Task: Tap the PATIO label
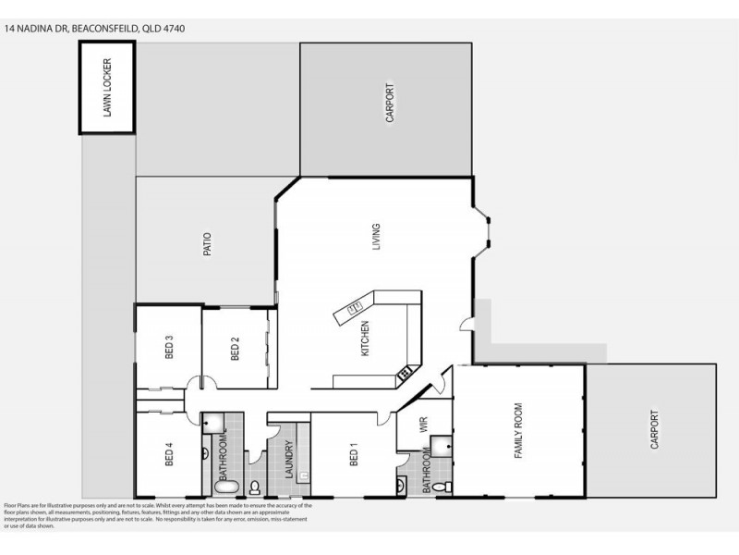coord(209,243)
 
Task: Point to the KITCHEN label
coord(366,339)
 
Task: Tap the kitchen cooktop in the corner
coord(405,373)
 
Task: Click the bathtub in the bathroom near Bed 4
coord(225,486)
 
